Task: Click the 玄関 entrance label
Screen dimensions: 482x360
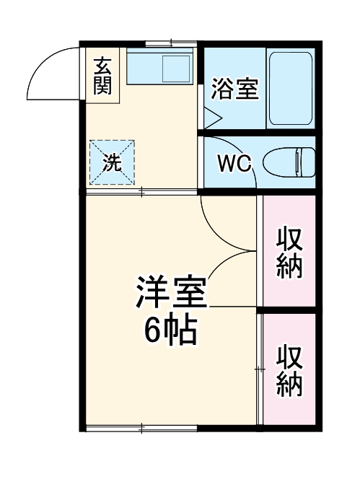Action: [x=102, y=76]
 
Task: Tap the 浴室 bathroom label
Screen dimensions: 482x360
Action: [x=234, y=90]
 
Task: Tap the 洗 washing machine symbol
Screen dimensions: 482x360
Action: [x=111, y=162]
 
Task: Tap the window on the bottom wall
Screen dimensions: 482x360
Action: [x=141, y=429]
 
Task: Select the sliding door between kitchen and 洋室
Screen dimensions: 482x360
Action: [x=141, y=191]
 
